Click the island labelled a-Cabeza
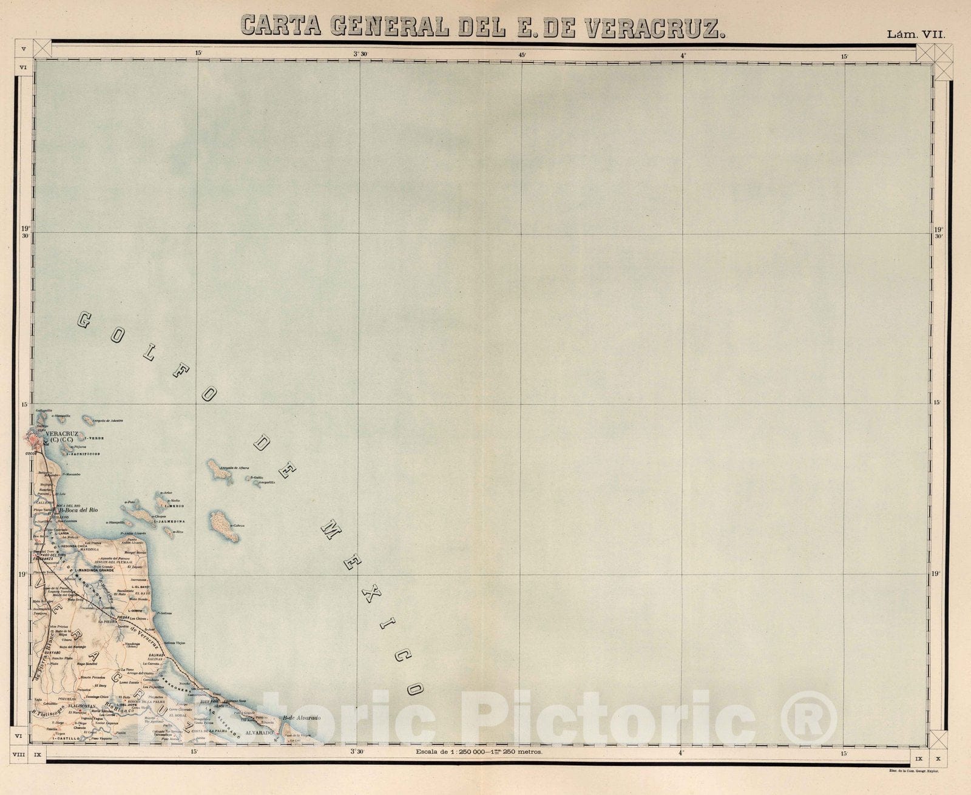tap(217, 526)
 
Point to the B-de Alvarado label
tap(300, 719)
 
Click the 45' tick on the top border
tap(521, 53)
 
